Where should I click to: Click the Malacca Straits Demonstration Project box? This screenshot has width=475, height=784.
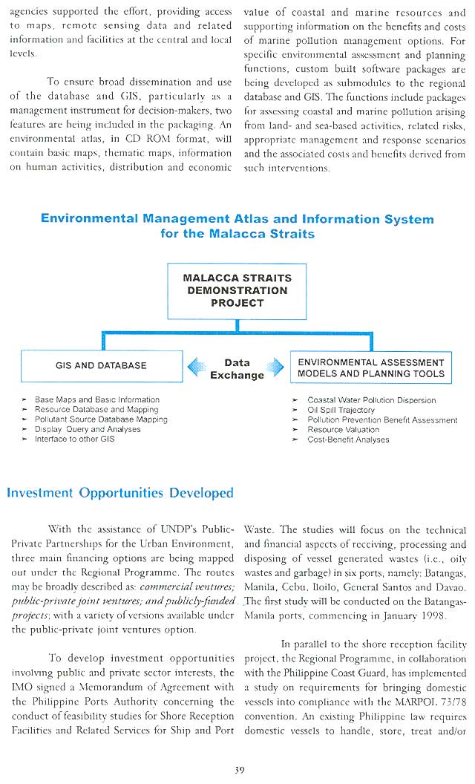pyautogui.click(x=237, y=290)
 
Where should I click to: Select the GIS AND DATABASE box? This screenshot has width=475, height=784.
pyautogui.click(x=101, y=366)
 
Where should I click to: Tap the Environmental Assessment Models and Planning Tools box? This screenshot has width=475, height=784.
pyautogui.click(x=370, y=368)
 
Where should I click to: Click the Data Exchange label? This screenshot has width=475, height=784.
pyautogui.click(x=237, y=369)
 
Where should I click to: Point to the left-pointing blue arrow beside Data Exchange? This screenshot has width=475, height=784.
pyautogui.click(x=197, y=367)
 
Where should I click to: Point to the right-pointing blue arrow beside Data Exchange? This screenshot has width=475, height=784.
pyautogui.click(x=275, y=367)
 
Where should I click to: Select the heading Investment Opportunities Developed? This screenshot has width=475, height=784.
pyautogui.click(x=119, y=493)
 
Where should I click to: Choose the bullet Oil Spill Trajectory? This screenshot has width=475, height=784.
pyautogui.click(x=341, y=410)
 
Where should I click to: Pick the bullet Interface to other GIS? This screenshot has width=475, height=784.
pyautogui.click(x=74, y=439)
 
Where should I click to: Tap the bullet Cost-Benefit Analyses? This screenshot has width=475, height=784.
pyautogui.click(x=347, y=440)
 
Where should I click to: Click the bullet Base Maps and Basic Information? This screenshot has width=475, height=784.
pyautogui.click(x=96, y=399)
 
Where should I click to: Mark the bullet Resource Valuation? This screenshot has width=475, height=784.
pyautogui.click(x=343, y=429)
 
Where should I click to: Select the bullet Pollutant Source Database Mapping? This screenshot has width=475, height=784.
pyautogui.click(x=101, y=419)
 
